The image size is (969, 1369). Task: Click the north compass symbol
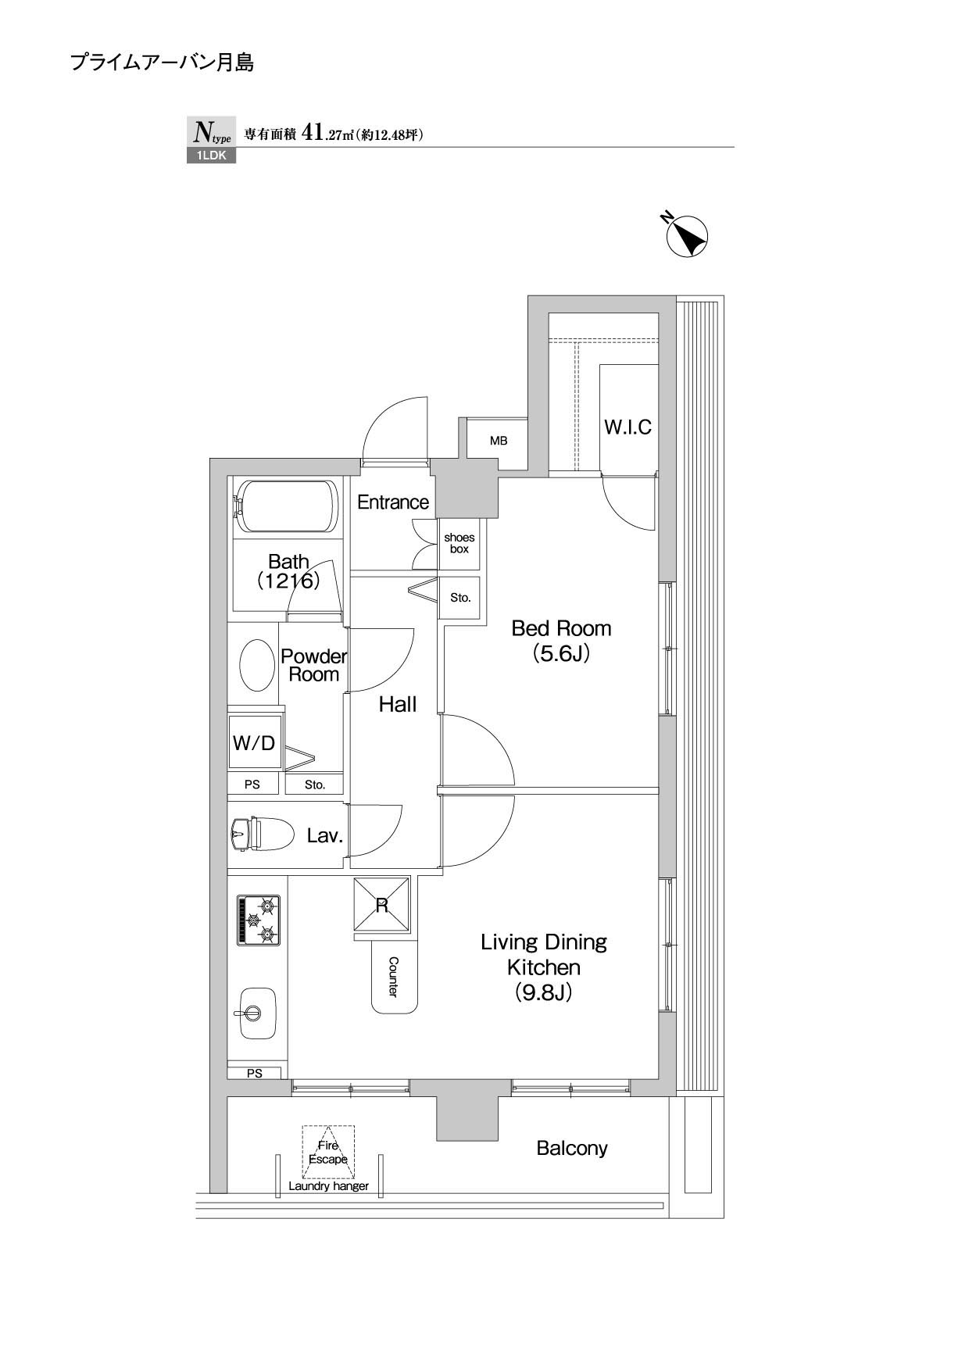[686, 235]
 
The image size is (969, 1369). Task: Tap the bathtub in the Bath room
[286, 506]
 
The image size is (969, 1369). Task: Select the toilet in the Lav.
[262, 834]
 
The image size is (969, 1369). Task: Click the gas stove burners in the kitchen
[259, 920]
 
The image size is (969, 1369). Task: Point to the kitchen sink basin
[258, 1013]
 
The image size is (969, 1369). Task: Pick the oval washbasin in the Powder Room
[254, 665]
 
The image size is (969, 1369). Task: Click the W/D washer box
[254, 742]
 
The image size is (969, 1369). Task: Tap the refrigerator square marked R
[382, 904]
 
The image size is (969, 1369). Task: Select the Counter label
[393, 977]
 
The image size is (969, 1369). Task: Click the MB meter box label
[499, 441]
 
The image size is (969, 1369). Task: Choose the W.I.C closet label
[628, 427]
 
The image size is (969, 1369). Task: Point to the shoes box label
[459, 543]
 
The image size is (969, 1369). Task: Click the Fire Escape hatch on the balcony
[328, 1152]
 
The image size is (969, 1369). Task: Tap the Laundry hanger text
[328, 1185]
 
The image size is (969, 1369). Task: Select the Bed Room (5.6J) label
[561, 641]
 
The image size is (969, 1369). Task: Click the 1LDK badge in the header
[211, 155]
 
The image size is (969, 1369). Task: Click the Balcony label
[572, 1148]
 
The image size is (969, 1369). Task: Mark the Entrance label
[393, 502]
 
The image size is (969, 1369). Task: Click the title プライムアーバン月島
[162, 63]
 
